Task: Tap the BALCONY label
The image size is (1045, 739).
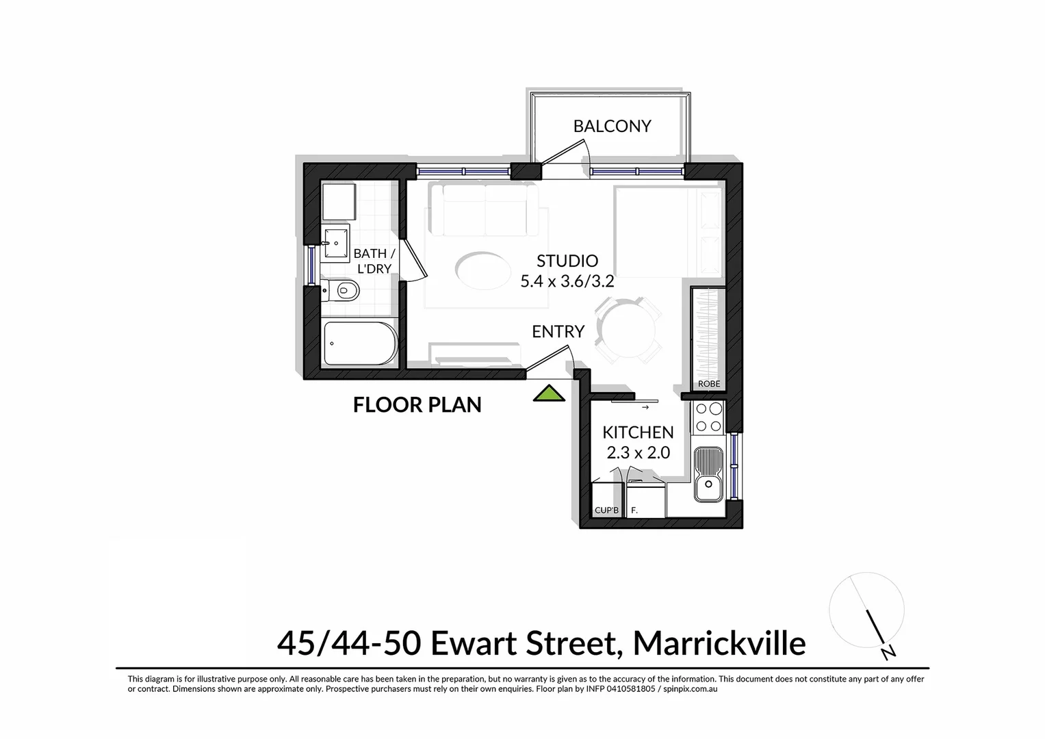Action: (612, 126)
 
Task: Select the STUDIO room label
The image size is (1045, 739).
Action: (567, 261)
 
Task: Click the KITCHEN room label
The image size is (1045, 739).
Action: (638, 432)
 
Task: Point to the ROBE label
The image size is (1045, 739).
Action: (708, 384)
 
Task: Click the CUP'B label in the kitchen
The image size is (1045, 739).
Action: (606, 510)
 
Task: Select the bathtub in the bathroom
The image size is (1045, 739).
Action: (359, 343)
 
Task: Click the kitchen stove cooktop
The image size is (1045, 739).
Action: (708, 417)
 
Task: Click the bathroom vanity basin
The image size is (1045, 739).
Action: (335, 242)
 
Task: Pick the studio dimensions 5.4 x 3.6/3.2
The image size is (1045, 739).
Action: (567, 281)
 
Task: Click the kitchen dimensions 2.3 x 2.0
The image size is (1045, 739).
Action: (638, 452)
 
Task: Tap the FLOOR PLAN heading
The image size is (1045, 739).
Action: (417, 405)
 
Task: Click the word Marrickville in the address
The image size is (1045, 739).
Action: (719, 643)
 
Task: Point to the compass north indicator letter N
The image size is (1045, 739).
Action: (889, 653)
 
